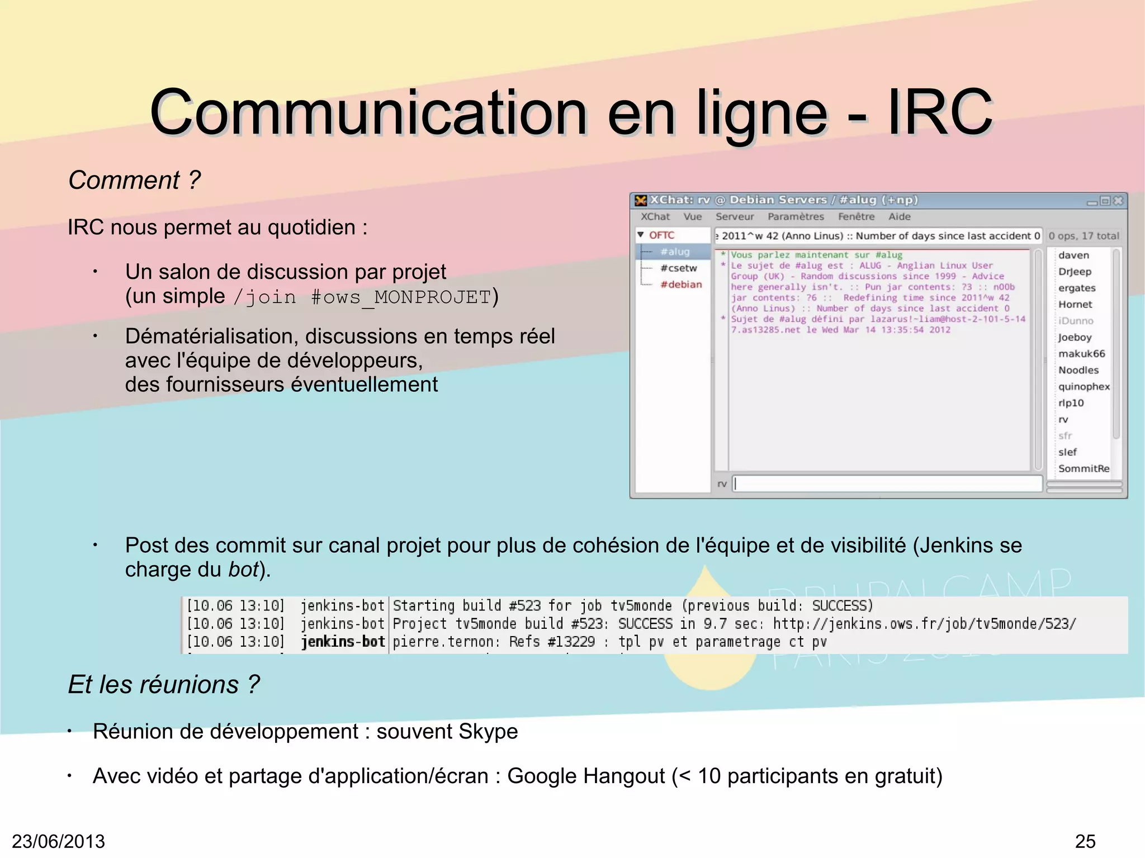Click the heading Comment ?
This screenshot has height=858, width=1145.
tap(134, 180)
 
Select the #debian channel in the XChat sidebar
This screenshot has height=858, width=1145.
tap(681, 285)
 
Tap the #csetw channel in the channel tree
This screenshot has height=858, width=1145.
tap(679, 268)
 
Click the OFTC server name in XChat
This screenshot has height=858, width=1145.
tap(661, 235)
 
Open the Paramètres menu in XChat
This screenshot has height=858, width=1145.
tap(796, 217)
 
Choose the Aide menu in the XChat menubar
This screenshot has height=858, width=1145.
tap(900, 217)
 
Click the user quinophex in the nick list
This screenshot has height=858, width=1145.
tap(1084, 386)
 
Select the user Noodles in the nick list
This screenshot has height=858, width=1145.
tap(1078, 370)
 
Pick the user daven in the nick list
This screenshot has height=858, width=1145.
tap(1073, 255)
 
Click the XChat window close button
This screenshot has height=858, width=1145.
tap(1118, 201)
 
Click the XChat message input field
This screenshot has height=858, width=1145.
tap(887, 483)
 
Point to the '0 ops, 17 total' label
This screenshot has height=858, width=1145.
tap(1084, 236)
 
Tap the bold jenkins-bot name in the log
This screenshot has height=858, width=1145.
tap(343, 642)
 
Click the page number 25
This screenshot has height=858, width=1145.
tap(1085, 841)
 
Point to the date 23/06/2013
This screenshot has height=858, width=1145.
tap(58, 841)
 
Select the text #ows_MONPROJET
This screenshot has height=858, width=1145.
tap(400, 297)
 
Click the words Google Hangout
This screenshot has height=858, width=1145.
tap(586, 776)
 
